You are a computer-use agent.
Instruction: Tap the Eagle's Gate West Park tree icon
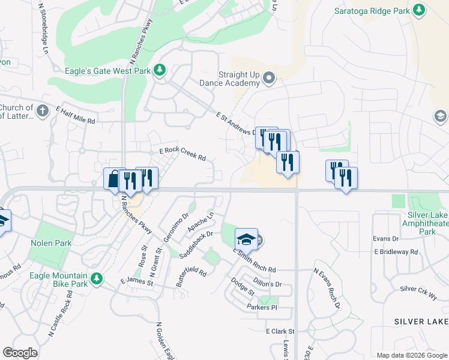point(160,70)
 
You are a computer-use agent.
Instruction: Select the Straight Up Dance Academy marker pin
point(269,78)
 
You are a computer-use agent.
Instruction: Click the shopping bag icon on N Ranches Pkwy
point(113,179)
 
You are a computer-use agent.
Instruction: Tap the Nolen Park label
point(51,243)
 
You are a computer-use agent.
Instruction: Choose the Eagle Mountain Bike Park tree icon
point(96,278)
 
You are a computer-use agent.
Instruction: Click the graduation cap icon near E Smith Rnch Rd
point(246,239)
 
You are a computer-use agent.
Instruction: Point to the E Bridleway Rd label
point(396,252)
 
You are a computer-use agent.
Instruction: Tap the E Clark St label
point(280,331)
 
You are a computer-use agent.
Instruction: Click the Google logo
point(20,353)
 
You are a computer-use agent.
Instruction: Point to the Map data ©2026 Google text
point(412,355)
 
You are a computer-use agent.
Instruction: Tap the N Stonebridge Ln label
point(43,29)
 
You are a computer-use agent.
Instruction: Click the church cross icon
point(42,111)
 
